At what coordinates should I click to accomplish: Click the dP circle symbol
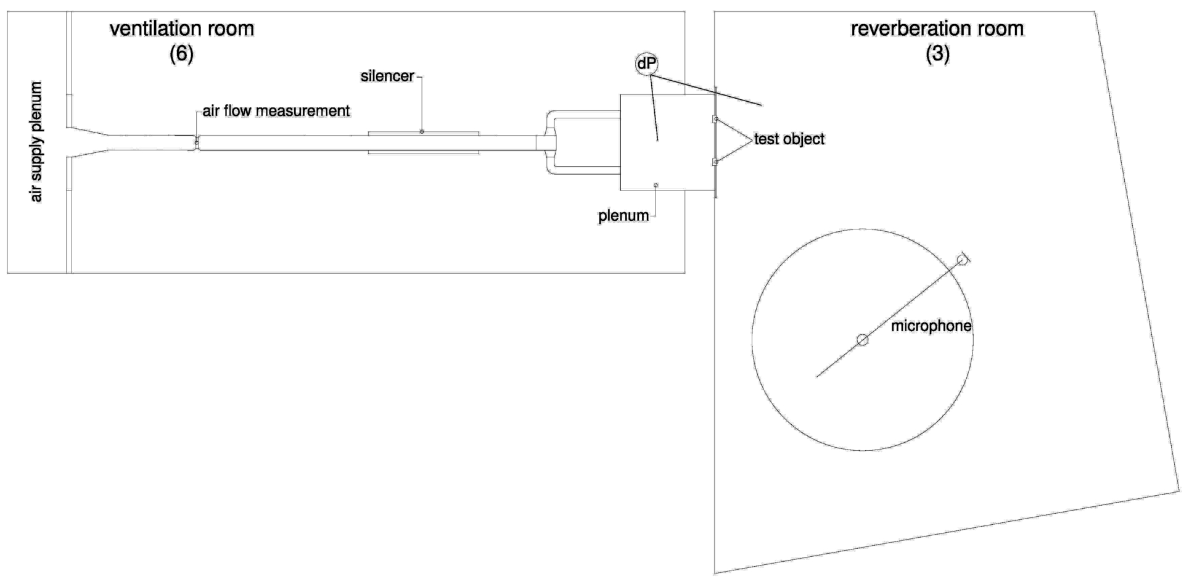point(644,63)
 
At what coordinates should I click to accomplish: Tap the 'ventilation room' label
point(182,28)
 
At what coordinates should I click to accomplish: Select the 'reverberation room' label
point(937,28)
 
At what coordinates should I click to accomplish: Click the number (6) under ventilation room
point(182,54)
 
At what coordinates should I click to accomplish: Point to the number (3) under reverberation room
point(937,54)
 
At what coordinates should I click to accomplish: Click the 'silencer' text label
point(387,76)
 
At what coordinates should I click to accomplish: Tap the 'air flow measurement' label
point(276,111)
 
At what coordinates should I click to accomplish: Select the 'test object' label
point(789,139)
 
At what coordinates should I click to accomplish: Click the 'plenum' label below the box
point(623,216)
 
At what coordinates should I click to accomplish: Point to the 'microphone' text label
point(931,326)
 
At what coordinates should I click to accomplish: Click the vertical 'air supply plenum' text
point(36,142)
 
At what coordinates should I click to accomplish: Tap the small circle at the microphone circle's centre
point(863,340)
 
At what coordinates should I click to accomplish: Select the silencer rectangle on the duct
point(423,142)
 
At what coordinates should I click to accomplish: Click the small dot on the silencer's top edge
point(422,131)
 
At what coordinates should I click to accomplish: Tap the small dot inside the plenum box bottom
point(656,185)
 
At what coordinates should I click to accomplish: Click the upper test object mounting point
point(715,118)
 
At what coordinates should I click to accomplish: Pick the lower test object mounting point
point(715,162)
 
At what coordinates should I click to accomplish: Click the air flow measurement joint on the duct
point(197,142)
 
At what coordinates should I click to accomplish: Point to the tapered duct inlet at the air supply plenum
point(89,142)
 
